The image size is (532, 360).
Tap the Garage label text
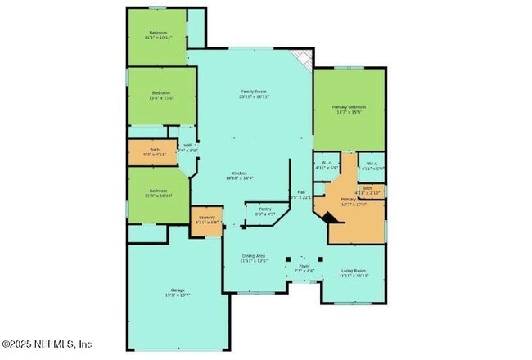pyautogui.click(x=178, y=290)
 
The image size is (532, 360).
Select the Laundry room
pyautogui.click(x=206, y=218)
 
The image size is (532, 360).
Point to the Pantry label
pyautogui.click(x=265, y=209)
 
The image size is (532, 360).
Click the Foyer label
pyautogui.click(x=304, y=266)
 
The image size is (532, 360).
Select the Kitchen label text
pyautogui.click(x=239, y=173)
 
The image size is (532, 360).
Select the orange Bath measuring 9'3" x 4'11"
pyautogui.click(x=155, y=151)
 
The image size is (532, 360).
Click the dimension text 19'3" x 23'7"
pyautogui.click(x=178, y=295)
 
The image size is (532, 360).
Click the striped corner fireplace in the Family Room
pyautogui.click(x=304, y=59)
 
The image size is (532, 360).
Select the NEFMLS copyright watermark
pyautogui.click(x=47, y=344)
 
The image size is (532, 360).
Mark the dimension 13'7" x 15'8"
pyautogui.click(x=349, y=113)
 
